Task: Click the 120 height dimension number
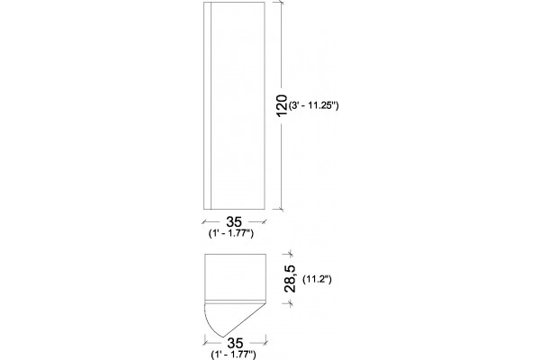pos(282,105)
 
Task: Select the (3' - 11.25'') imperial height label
pos(314,105)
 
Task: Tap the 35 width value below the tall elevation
pos(234,222)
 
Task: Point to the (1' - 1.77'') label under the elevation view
pos(231,233)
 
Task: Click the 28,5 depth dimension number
pos(290,279)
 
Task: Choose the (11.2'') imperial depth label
pos(317,279)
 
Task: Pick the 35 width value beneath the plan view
pos(235,343)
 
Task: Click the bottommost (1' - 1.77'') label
pos(233,355)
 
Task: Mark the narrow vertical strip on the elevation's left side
pos(207,105)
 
